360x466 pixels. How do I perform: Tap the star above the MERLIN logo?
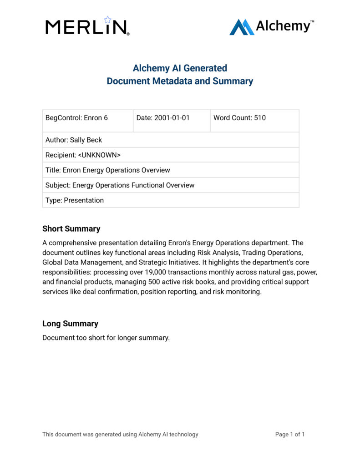(108, 20)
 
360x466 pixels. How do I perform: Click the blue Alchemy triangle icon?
(242, 27)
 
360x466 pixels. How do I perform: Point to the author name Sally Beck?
(86, 140)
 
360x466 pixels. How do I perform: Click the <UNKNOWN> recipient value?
(99, 155)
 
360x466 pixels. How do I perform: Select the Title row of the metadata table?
(171, 170)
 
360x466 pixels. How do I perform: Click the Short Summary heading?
(71, 228)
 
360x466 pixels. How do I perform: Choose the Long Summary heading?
(70, 324)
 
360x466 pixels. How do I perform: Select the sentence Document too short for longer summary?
(106, 338)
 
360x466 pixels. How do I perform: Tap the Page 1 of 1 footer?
(290, 434)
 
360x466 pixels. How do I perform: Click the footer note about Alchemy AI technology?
(120, 434)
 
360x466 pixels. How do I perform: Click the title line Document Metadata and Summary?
(180, 81)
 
